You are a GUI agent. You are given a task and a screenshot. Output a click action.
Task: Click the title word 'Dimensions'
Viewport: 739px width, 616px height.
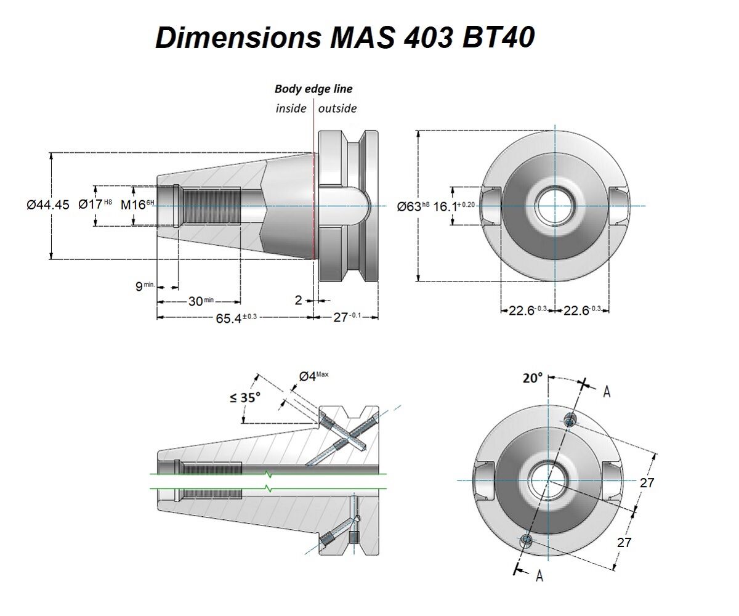click(x=238, y=38)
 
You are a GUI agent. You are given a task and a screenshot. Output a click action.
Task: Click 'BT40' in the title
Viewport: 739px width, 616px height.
click(x=498, y=38)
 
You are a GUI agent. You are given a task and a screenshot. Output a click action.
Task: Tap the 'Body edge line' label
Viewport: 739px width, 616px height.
click(x=313, y=89)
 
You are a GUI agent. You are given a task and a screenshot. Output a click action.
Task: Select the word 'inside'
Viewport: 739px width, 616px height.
click(x=291, y=108)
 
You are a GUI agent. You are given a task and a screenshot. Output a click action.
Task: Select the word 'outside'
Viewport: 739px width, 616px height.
click(x=337, y=108)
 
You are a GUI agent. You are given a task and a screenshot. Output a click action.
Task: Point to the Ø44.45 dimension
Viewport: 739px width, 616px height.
click(x=48, y=205)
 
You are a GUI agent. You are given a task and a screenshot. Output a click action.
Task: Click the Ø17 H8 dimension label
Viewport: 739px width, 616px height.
click(x=95, y=204)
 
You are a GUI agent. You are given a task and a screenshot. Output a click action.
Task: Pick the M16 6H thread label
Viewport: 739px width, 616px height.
click(x=137, y=205)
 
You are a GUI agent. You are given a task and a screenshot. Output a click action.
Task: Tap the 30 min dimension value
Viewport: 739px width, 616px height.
click(x=201, y=301)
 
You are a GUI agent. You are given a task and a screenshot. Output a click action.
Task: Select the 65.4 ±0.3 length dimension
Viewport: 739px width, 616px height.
click(x=236, y=318)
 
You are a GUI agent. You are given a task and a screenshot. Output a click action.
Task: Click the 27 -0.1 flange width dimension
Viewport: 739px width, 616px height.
click(x=347, y=317)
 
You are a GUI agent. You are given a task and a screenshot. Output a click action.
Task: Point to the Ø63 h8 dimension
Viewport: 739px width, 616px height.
click(x=413, y=206)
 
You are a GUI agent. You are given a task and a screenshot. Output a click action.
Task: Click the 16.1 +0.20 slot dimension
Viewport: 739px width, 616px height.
click(x=454, y=206)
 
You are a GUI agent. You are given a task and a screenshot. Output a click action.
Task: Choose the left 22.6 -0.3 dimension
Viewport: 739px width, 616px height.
click(x=528, y=310)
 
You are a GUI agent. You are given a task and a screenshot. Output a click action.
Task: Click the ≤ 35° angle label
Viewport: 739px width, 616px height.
click(x=245, y=397)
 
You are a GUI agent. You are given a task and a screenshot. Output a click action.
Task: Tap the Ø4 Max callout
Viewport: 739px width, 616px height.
click(x=313, y=376)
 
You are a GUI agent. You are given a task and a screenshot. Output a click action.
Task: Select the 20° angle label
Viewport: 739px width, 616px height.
click(x=533, y=378)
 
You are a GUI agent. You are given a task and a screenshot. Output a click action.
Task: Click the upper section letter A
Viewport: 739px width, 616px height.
click(x=607, y=392)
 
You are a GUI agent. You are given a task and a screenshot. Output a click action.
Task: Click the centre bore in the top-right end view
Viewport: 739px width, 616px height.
click(x=555, y=206)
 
